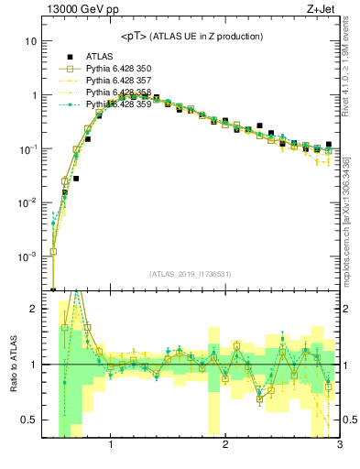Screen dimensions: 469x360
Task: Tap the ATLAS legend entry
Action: click(x=101, y=57)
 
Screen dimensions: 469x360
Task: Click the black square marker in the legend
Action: click(x=69, y=57)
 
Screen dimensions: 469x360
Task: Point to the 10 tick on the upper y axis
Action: click(x=31, y=42)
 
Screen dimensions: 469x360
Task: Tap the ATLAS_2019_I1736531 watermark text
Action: click(x=190, y=274)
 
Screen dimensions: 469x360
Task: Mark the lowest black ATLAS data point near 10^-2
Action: click(x=76, y=179)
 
